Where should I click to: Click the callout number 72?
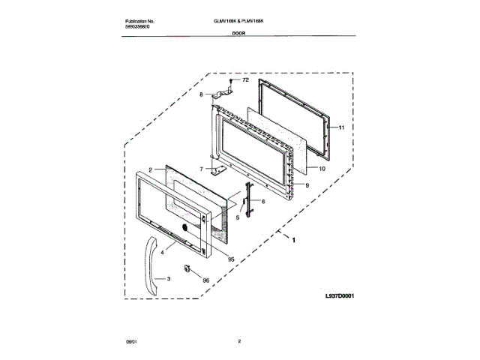point(244,79)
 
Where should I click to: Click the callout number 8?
point(201,94)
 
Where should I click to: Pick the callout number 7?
point(201,169)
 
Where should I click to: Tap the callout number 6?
point(263,202)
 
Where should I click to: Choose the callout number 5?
point(238,217)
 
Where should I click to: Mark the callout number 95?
point(231,259)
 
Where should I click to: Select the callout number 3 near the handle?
point(169,279)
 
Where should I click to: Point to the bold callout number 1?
point(293,241)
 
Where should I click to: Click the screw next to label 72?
point(230,80)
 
